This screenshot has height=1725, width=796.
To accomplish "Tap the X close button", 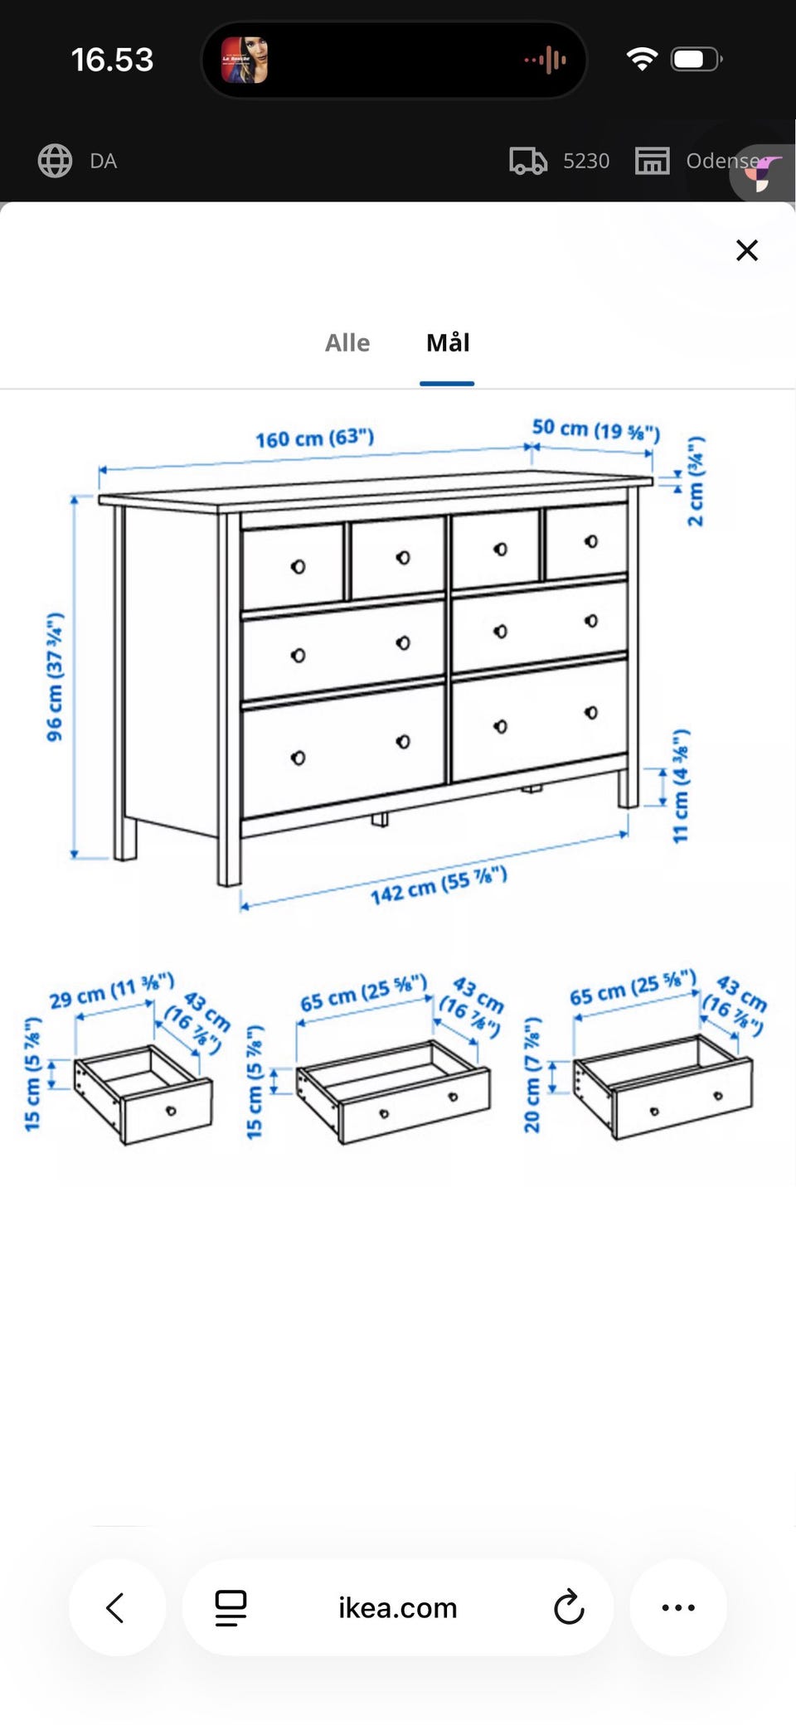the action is (x=747, y=250).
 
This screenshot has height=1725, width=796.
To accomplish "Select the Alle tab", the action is (x=347, y=342).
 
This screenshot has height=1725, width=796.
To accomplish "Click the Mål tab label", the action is (x=448, y=342).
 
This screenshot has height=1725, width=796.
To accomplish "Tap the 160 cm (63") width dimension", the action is (x=314, y=438).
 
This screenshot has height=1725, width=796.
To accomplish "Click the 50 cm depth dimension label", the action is (x=596, y=429).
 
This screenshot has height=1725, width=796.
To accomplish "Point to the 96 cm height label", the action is (x=55, y=676).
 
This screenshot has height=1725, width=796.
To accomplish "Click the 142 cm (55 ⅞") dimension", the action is (x=439, y=885).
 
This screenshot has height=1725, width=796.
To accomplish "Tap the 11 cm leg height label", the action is (x=681, y=786).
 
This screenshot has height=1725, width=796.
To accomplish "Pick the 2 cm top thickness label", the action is (x=696, y=481).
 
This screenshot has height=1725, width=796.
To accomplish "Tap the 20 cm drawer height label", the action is (x=532, y=1075).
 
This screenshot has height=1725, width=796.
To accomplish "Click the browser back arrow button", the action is (x=116, y=1607).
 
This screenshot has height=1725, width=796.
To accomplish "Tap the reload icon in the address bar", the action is (x=569, y=1607).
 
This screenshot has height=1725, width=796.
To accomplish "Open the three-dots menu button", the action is (x=678, y=1607).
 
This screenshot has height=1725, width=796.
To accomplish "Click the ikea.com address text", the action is (x=397, y=1608).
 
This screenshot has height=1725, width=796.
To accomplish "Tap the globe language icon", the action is (x=55, y=161).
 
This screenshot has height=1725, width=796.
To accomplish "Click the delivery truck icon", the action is (x=528, y=161).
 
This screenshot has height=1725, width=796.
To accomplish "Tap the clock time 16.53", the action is (x=112, y=60).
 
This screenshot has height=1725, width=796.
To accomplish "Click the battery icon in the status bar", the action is (x=696, y=59).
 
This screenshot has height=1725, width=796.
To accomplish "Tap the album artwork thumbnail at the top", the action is (x=245, y=60).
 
